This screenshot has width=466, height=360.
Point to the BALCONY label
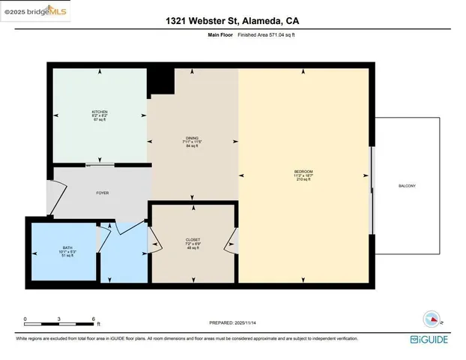(408, 186)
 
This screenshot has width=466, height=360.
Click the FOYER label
(103, 193)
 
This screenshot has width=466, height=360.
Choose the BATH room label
(67, 247)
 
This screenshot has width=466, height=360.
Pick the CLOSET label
(193, 240)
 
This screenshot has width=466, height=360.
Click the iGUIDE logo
(430, 340)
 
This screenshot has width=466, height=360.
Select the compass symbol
(433, 319)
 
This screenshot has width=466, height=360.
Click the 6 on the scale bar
(94, 319)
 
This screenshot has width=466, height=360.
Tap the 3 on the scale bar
(60, 319)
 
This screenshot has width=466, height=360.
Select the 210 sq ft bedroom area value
(303, 181)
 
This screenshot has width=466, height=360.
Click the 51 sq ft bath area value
(67, 256)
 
